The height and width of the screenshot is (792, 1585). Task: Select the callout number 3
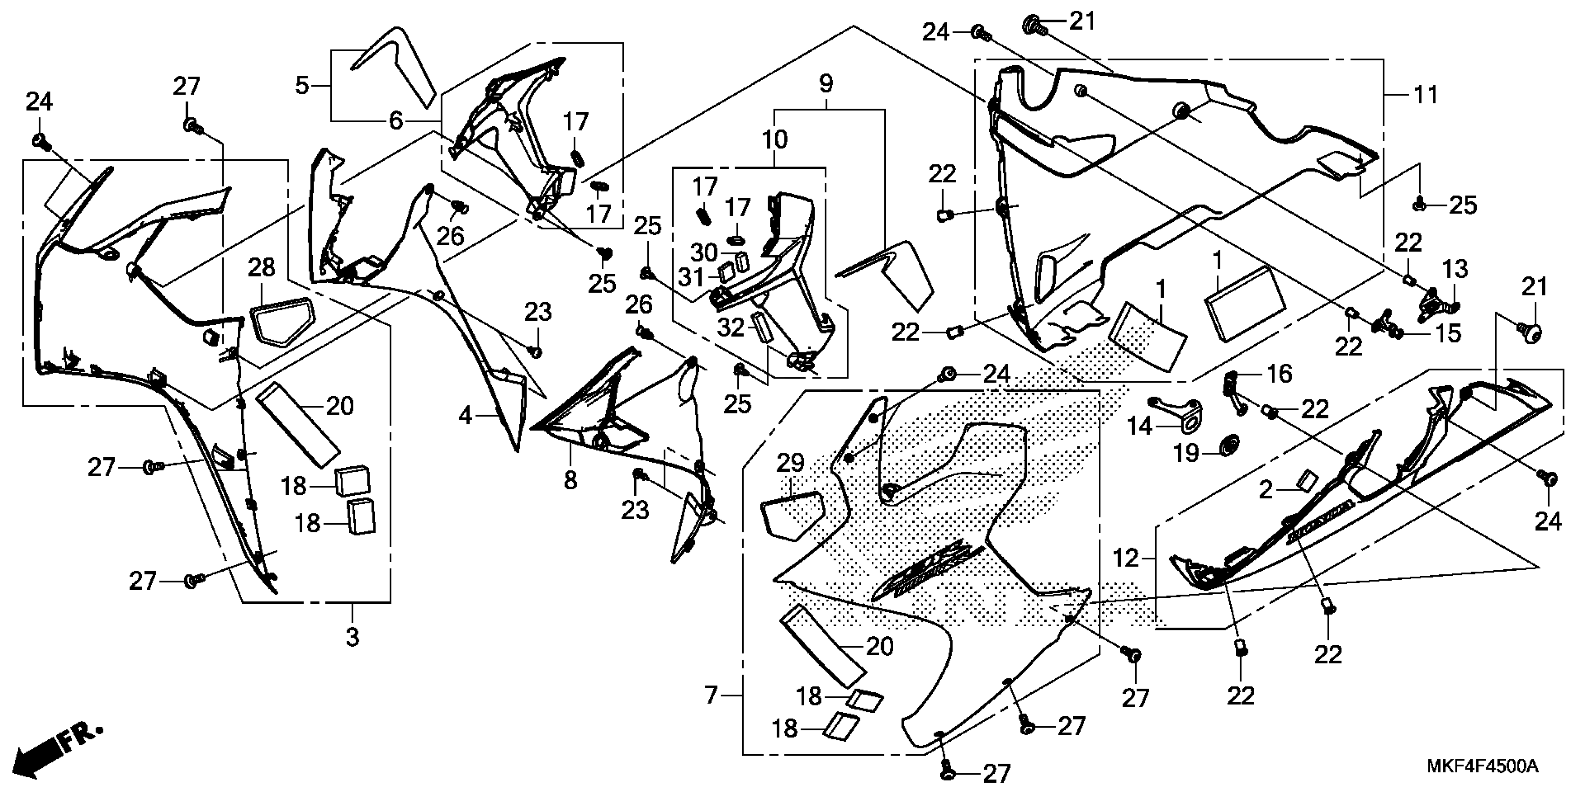pyautogui.click(x=352, y=637)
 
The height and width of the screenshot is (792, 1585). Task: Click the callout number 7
pyautogui.click(x=711, y=696)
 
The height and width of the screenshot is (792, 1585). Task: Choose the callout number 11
pyautogui.click(x=1426, y=96)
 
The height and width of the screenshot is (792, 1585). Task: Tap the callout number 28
pyautogui.click(x=262, y=269)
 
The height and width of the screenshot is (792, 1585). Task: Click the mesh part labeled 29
pyautogui.click(x=792, y=515)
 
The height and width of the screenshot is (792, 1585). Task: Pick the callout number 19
pyautogui.click(x=1187, y=453)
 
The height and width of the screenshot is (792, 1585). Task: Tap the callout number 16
pyautogui.click(x=1280, y=374)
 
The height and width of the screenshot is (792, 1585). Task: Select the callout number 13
pyautogui.click(x=1455, y=269)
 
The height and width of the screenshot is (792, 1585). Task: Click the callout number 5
pyautogui.click(x=302, y=85)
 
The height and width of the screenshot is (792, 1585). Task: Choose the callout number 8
pyautogui.click(x=571, y=480)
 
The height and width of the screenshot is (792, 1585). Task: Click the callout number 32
pyautogui.click(x=731, y=328)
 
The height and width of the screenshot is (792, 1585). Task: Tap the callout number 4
pyautogui.click(x=465, y=416)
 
